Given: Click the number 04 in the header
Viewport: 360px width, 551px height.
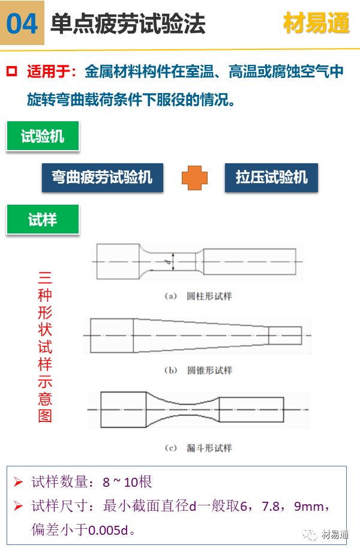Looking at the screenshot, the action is click(x=22, y=23).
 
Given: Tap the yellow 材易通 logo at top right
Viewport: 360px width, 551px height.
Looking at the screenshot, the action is click(x=316, y=23).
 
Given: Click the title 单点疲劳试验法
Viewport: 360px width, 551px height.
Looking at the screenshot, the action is click(x=128, y=23).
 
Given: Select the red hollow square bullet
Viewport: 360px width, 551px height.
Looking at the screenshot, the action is click(x=11, y=71).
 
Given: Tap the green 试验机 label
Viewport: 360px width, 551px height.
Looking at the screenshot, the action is click(x=43, y=136).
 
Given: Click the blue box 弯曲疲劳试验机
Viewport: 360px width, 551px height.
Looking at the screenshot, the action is click(x=102, y=177).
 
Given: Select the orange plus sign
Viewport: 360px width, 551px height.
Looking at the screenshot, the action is click(x=194, y=178).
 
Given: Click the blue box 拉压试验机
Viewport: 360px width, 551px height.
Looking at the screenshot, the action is click(x=271, y=177).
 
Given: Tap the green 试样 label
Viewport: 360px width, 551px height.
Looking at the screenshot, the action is click(x=43, y=220).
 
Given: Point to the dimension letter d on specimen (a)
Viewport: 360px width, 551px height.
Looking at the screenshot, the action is click(x=168, y=262).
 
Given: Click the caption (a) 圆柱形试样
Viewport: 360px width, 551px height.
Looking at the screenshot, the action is click(x=199, y=297).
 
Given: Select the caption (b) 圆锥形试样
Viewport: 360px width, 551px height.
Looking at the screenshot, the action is click(x=199, y=370).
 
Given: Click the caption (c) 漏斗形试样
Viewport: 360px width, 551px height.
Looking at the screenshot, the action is click(x=199, y=448).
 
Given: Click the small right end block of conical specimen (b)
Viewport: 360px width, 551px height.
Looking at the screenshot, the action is click(x=285, y=336).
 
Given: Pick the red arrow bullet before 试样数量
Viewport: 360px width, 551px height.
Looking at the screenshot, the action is click(x=18, y=481).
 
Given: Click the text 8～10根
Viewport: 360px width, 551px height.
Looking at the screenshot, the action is click(x=127, y=482).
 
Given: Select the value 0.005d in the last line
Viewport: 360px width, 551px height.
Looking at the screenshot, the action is click(x=108, y=530).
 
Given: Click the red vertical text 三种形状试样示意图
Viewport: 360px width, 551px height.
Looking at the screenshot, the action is click(x=45, y=347).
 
